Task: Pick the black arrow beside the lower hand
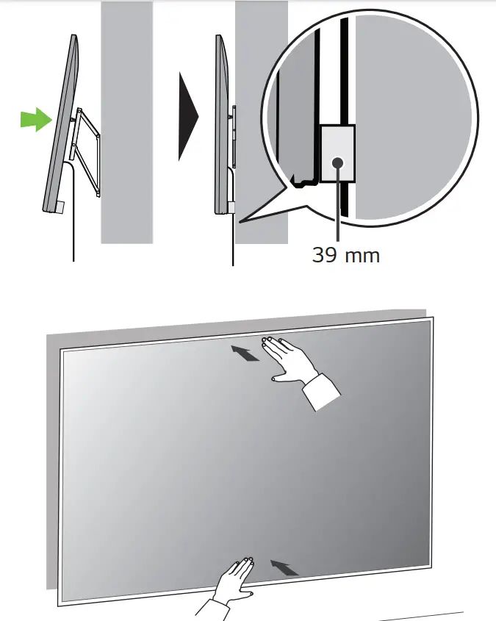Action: [285, 567]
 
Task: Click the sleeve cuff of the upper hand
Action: [320, 391]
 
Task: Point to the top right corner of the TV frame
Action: [432, 319]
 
